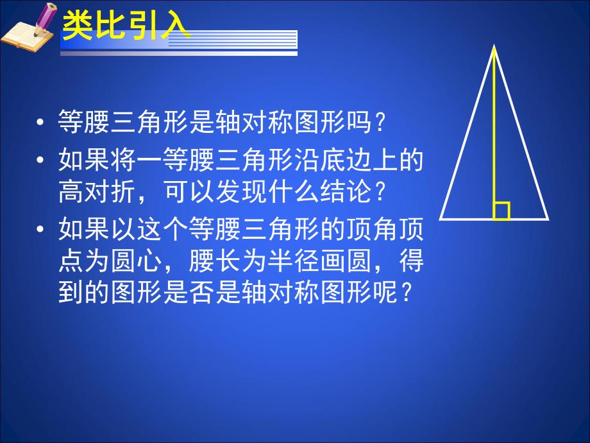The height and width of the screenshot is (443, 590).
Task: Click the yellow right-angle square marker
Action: pyautogui.click(x=501, y=211)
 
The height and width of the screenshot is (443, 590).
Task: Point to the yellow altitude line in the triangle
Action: pyautogui.click(x=494, y=128)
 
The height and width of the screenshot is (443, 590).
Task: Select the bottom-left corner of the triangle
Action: pyautogui.click(x=441, y=220)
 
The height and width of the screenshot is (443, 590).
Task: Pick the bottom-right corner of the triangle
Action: pyautogui.click(x=548, y=220)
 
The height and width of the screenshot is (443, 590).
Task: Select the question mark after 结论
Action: pyautogui.click(x=380, y=191)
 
